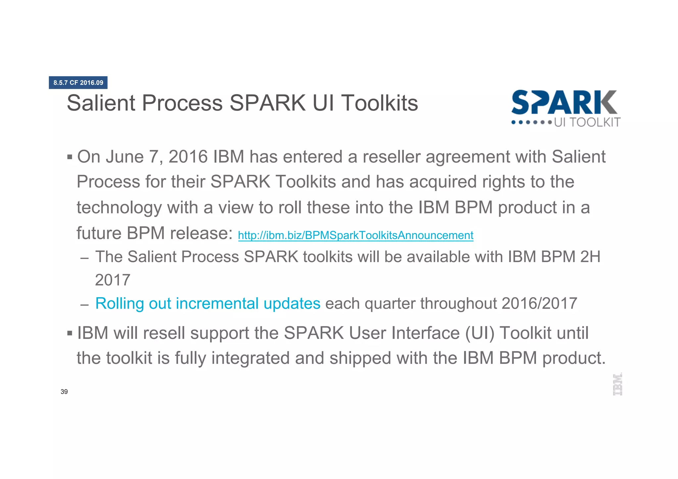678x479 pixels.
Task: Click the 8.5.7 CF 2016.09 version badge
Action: [x=78, y=82]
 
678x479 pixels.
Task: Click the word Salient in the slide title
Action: [x=101, y=103]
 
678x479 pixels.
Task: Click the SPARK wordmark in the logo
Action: [x=564, y=103]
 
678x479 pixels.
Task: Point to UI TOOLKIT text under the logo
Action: [x=587, y=122]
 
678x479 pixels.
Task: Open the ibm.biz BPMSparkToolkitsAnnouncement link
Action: [x=355, y=235]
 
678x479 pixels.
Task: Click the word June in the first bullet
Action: [x=125, y=157]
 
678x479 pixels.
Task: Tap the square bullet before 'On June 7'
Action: [x=70, y=157]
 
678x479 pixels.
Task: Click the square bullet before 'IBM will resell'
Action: [x=70, y=333]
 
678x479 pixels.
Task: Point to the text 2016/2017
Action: [x=539, y=304]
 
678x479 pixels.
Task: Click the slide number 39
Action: [x=64, y=392]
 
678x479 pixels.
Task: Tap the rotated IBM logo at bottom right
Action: [x=617, y=384]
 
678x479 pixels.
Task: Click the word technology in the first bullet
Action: [x=119, y=208]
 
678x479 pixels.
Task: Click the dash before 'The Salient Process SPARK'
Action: [x=84, y=258]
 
